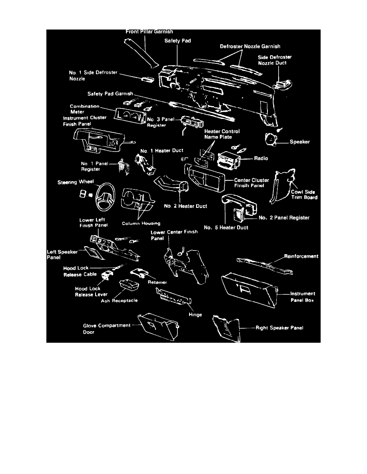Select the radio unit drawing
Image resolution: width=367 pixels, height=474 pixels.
[x=228, y=160]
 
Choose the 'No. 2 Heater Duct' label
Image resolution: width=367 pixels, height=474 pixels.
[x=185, y=206]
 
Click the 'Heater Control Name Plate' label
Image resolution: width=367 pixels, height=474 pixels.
[x=222, y=134]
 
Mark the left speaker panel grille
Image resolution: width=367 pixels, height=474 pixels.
[x=94, y=253]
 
